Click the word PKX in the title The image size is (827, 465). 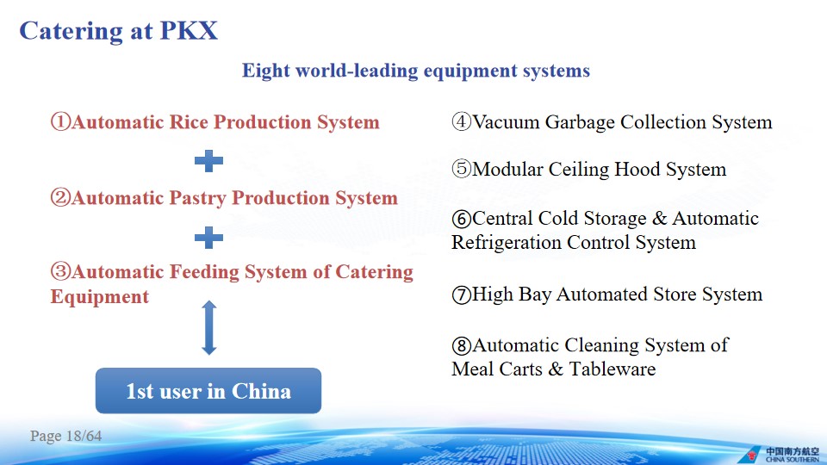[x=189, y=31]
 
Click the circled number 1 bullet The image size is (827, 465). [x=60, y=121]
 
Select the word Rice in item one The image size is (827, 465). [x=189, y=121]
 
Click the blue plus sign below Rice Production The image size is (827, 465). [x=208, y=161]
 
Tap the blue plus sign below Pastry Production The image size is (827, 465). [x=208, y=238]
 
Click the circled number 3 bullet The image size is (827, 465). [x=60, y=271]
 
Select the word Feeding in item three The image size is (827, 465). [x=204, y=272]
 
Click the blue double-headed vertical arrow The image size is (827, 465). [x=209, y=327]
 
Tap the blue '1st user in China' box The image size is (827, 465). [x=208, y=391]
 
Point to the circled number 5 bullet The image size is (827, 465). [x=462, y=170]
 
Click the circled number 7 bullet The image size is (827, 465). [x=462, y=294]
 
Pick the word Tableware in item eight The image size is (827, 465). [x=612, y=369]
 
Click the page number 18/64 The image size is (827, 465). [x=84, y=436]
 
